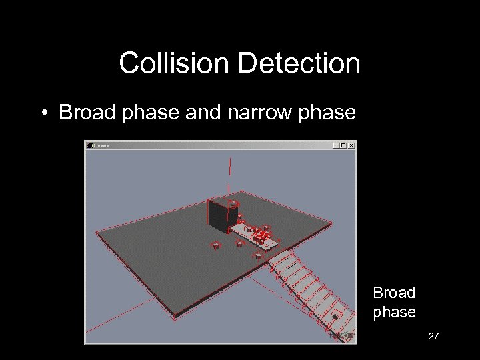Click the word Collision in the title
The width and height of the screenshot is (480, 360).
click(175, 64)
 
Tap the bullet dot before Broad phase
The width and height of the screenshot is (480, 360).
click(42, 113)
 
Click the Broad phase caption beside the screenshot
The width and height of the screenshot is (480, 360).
click(394, 302)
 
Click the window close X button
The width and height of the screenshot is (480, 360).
click(351, 145)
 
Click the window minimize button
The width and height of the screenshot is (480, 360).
click(337, 145)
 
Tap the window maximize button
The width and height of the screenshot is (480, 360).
click(344, 145)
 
